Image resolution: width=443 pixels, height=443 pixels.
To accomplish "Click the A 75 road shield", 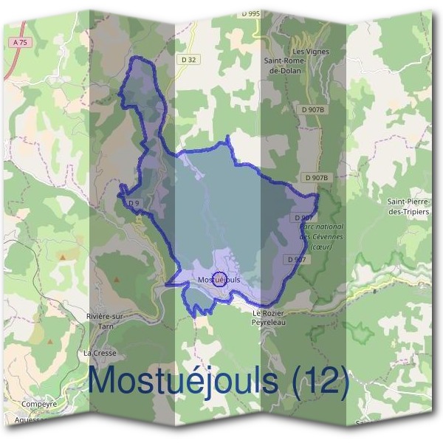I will click(20, 43).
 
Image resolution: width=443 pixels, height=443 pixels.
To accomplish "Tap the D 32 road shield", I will click(188, 58).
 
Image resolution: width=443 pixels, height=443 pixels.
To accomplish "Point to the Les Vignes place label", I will click(310, 51).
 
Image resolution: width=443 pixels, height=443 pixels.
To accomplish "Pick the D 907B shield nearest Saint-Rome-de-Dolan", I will click(313, 109).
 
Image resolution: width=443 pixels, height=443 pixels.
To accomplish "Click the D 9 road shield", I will click(134, 203).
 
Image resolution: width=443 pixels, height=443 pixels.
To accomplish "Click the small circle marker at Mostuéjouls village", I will click(219, 279).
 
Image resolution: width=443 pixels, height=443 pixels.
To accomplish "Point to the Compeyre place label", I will click(39, 405).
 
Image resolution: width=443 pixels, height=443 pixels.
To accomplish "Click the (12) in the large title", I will click(319, 381).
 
